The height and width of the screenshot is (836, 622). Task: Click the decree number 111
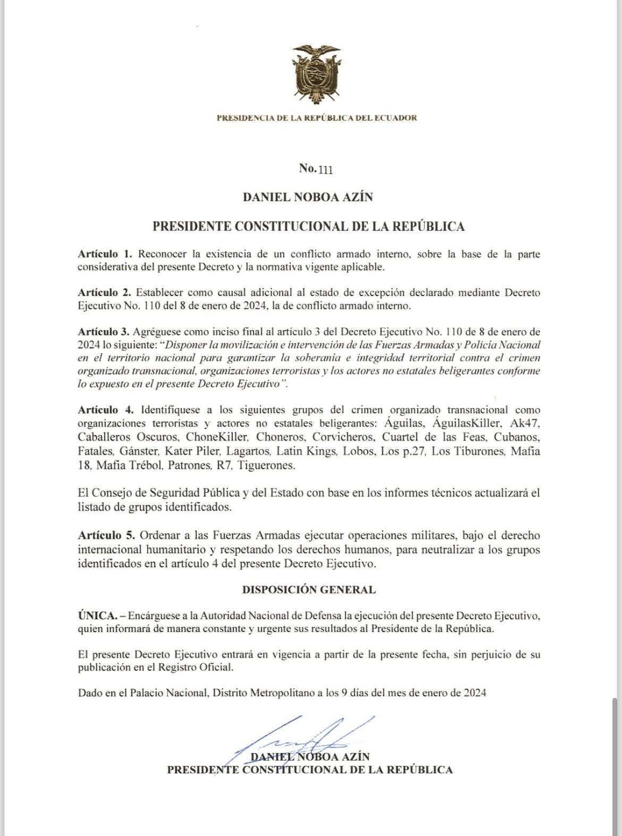click(x=325, y=170)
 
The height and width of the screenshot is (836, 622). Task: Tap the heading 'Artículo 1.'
click(x=105, y=254)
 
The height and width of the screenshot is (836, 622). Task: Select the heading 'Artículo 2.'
click(x=104, y=292)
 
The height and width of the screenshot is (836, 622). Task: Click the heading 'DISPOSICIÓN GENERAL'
click(x=309, y=589)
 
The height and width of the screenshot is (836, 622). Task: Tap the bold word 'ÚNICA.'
click(x=97, y=616)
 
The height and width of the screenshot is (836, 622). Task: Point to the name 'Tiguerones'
click(x=266, y=466)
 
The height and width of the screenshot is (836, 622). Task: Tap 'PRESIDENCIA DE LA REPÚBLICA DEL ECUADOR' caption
click(x=317, y=118)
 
